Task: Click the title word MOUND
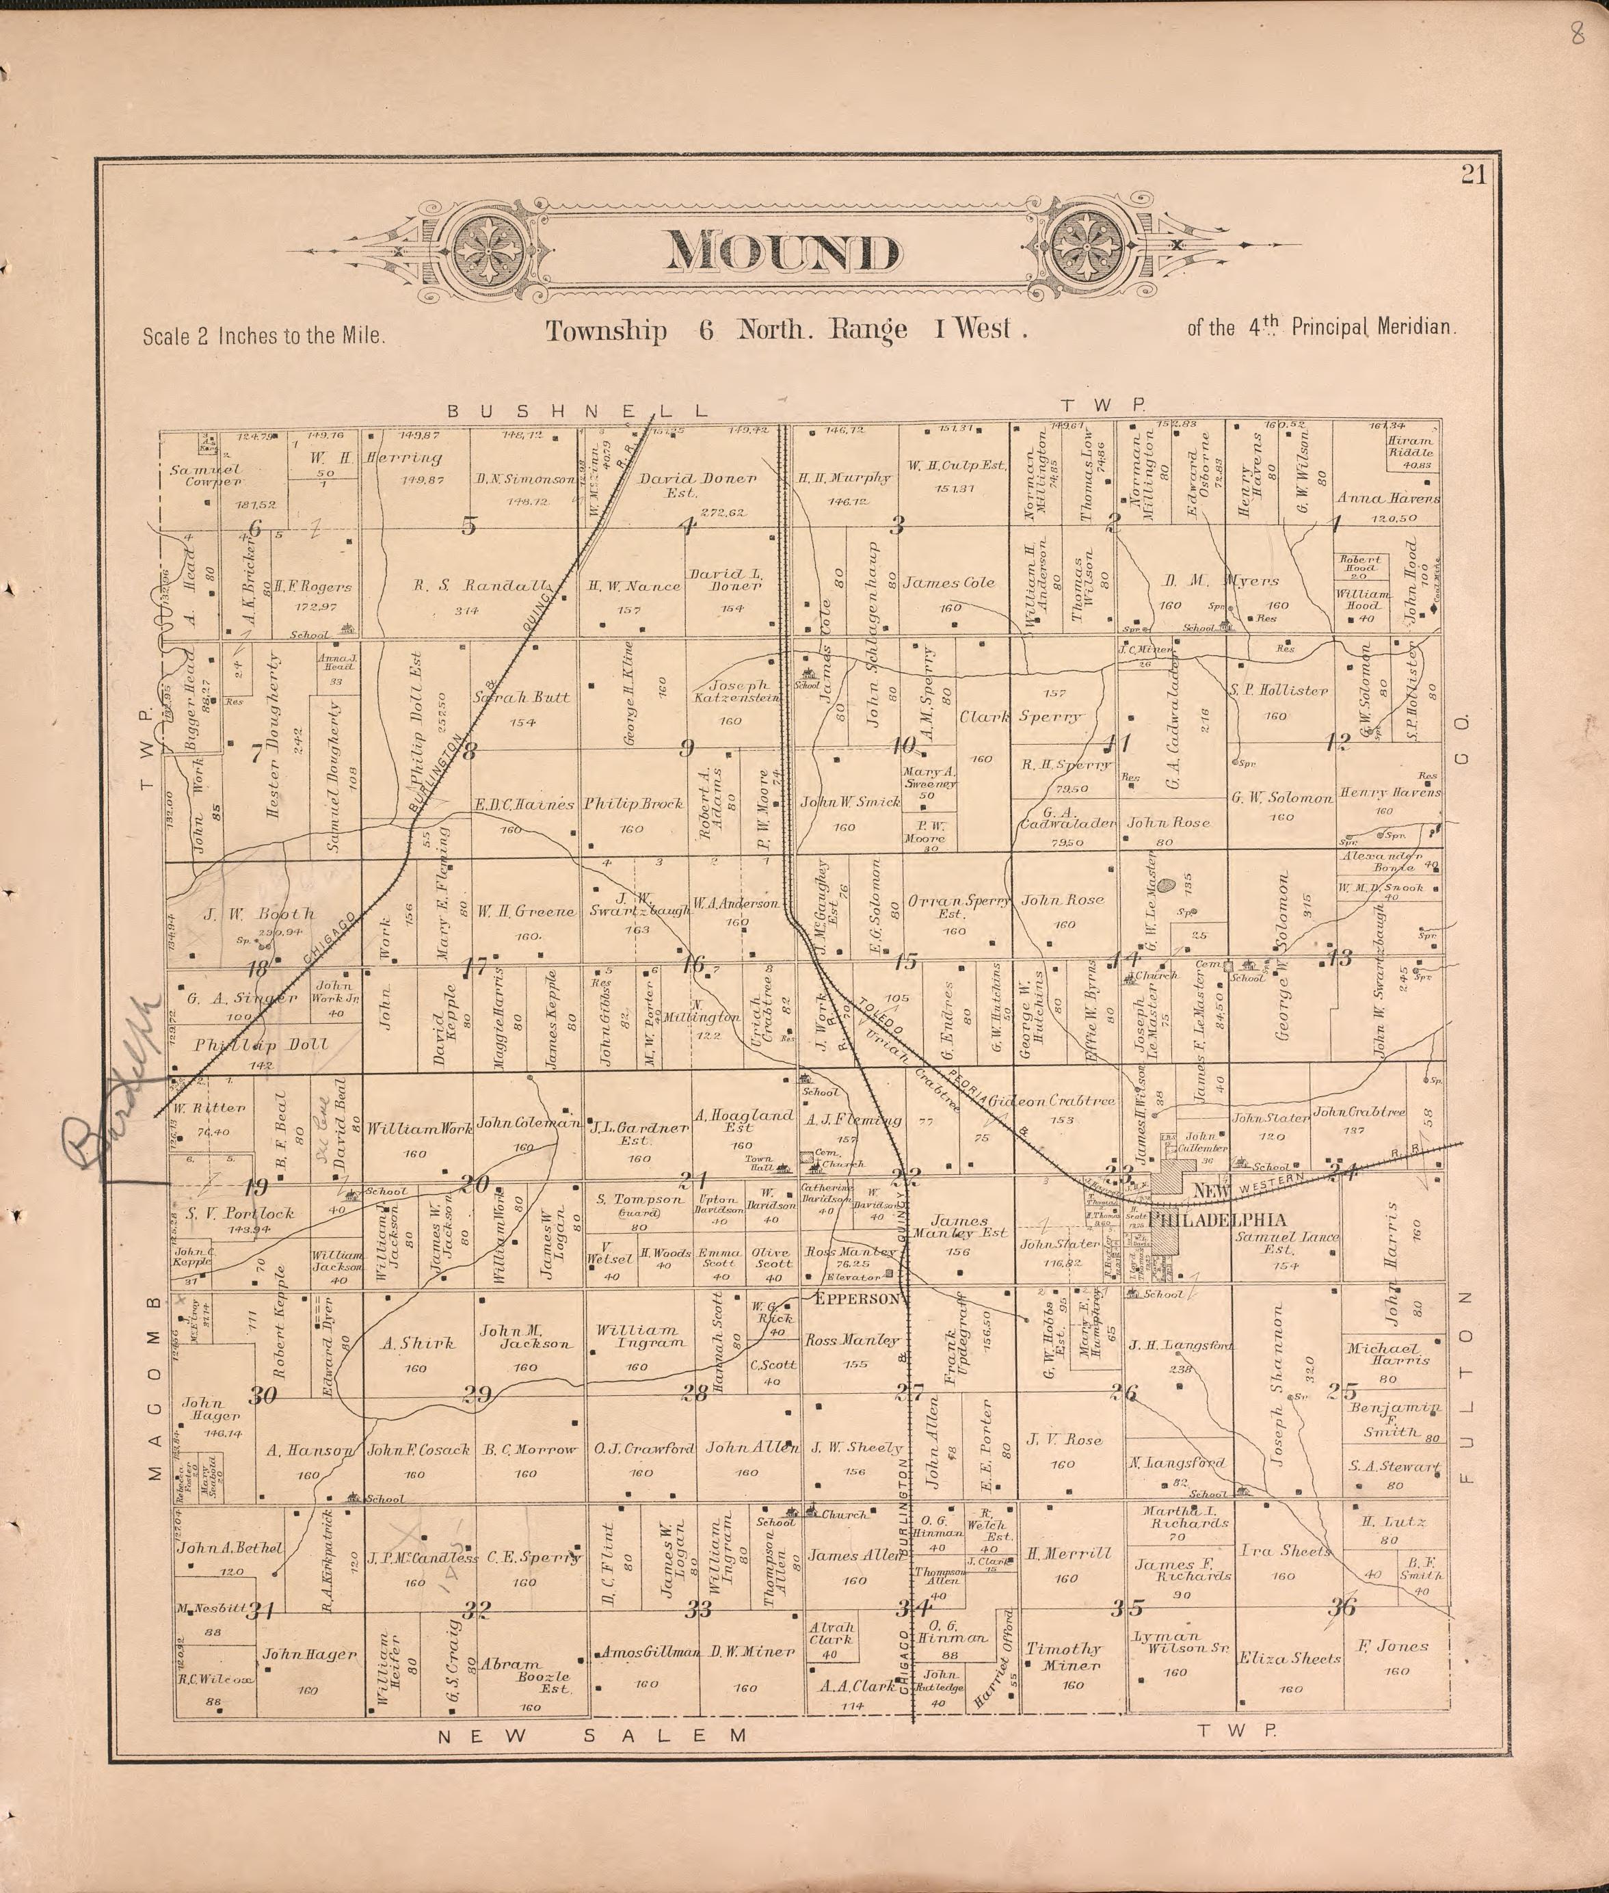(x=782, y=253)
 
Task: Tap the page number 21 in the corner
(x=1473, y=174)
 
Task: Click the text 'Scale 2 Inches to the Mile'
(x=263, y=336)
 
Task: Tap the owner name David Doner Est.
(x=697, y=484)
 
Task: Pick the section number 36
(x=1341, y=1632)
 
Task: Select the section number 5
(x=468, y=525)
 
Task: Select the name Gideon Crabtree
(x=1052, y=1101)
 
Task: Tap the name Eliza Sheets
(x=1288, y=1658)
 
